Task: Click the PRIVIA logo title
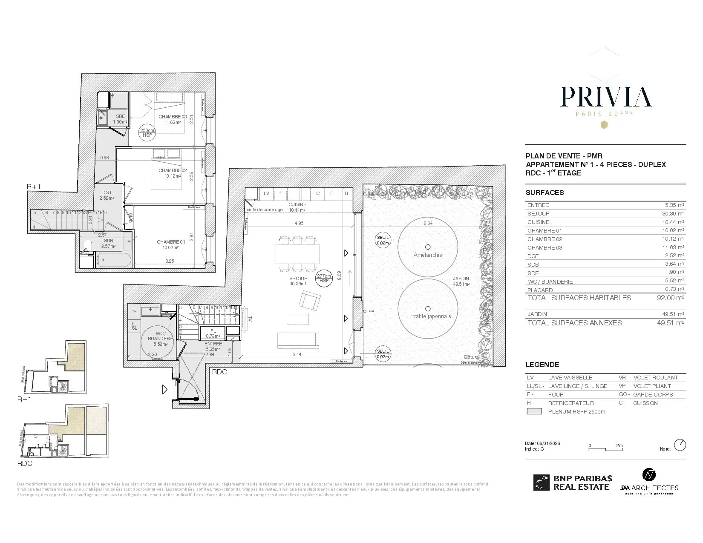tap(605, 97)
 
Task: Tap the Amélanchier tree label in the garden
tap(429, 255)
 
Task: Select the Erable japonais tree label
tap(430, 316)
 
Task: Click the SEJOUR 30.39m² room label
tap(298, 281)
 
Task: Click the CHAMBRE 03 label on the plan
tap(173, 119)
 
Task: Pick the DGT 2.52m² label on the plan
tap(107, 195)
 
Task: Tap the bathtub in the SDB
tap(113, 260)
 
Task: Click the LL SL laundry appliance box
tap(134, 326)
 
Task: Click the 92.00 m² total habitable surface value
tap(670, 298)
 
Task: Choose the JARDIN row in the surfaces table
tap(605, 314)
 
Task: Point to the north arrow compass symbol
tap(680, 445)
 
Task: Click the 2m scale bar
tap(605, 448)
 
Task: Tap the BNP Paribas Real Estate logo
tap(573, 483)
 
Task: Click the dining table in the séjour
tap(298, 253)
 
